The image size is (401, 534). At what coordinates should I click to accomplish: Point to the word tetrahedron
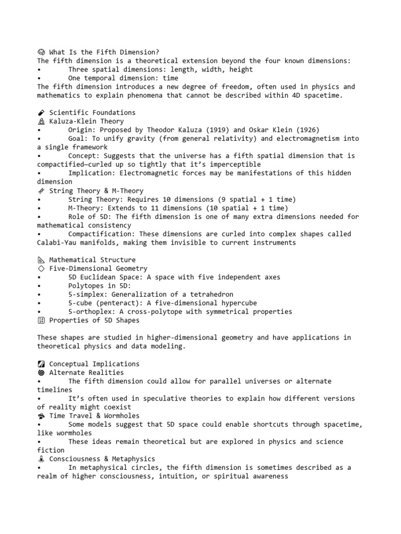(x=209, y=295)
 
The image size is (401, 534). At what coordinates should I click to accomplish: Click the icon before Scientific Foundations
(x=41, y=113)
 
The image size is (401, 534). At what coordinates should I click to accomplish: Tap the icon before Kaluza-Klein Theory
(x=41, y=122)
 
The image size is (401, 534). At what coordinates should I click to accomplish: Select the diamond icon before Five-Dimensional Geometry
(x=41, y=269)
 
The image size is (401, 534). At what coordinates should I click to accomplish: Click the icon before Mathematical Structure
(x=41, y=260)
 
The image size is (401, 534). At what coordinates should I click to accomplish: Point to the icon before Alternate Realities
(x=41, y=373)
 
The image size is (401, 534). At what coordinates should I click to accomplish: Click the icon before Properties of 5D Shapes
(x=41, y=321)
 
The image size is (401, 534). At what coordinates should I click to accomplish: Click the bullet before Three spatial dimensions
(x=39, y=69)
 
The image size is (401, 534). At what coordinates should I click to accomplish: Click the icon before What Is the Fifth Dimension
(x=41, y=52)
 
